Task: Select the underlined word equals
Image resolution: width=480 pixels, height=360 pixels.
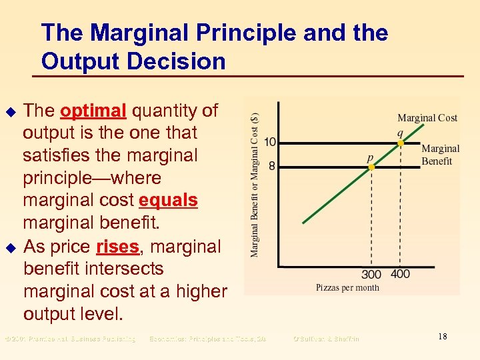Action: pos(168,201)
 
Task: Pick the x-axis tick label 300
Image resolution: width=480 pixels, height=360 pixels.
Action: pos(371,275)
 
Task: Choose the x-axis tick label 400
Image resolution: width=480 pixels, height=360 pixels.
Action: pos(400,275)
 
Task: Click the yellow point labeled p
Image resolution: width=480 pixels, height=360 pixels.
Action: pos(371,167)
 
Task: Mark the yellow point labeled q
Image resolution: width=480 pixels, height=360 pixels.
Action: pos(400,143)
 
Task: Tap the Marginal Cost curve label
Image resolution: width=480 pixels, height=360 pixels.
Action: pos(427,118)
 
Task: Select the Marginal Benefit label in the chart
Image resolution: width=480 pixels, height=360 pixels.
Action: pos(440,155)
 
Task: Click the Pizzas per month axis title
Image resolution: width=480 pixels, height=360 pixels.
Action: pos(347,287)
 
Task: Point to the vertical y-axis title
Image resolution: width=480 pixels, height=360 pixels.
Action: pos(255,184)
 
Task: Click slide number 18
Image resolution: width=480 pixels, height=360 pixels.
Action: pos(442,337)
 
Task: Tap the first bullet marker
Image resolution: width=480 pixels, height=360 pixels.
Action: pos(10,111)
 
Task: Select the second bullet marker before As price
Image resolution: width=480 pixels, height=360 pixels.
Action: pos(10,247)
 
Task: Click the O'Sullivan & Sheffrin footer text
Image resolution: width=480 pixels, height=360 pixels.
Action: pos(326,339)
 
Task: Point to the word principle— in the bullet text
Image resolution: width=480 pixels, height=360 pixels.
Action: pos(92,178)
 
